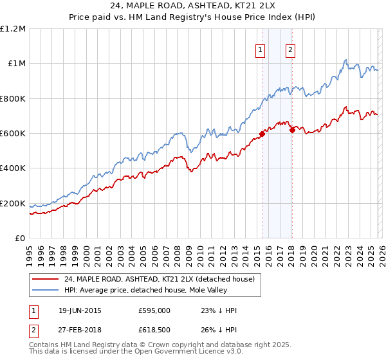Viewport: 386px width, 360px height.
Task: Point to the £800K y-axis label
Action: coord(13,99)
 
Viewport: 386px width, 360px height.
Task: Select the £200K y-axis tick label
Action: coord(13,204)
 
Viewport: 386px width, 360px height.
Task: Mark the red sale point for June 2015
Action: coord(262,134)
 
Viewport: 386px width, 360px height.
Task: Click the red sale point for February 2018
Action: coord(292,130)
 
